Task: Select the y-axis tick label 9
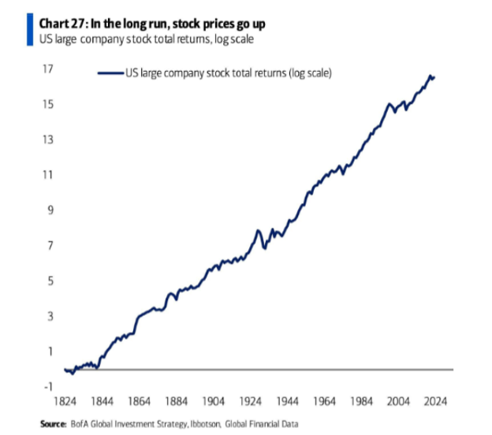click(x=50, y=210)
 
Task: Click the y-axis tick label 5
click(x=50, y=281)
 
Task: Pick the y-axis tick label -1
click(x=47, y=386)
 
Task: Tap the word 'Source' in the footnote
click(x=54, y=424)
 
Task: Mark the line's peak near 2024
click(x=430, y=76)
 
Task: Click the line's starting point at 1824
click(x=65, y=369)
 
